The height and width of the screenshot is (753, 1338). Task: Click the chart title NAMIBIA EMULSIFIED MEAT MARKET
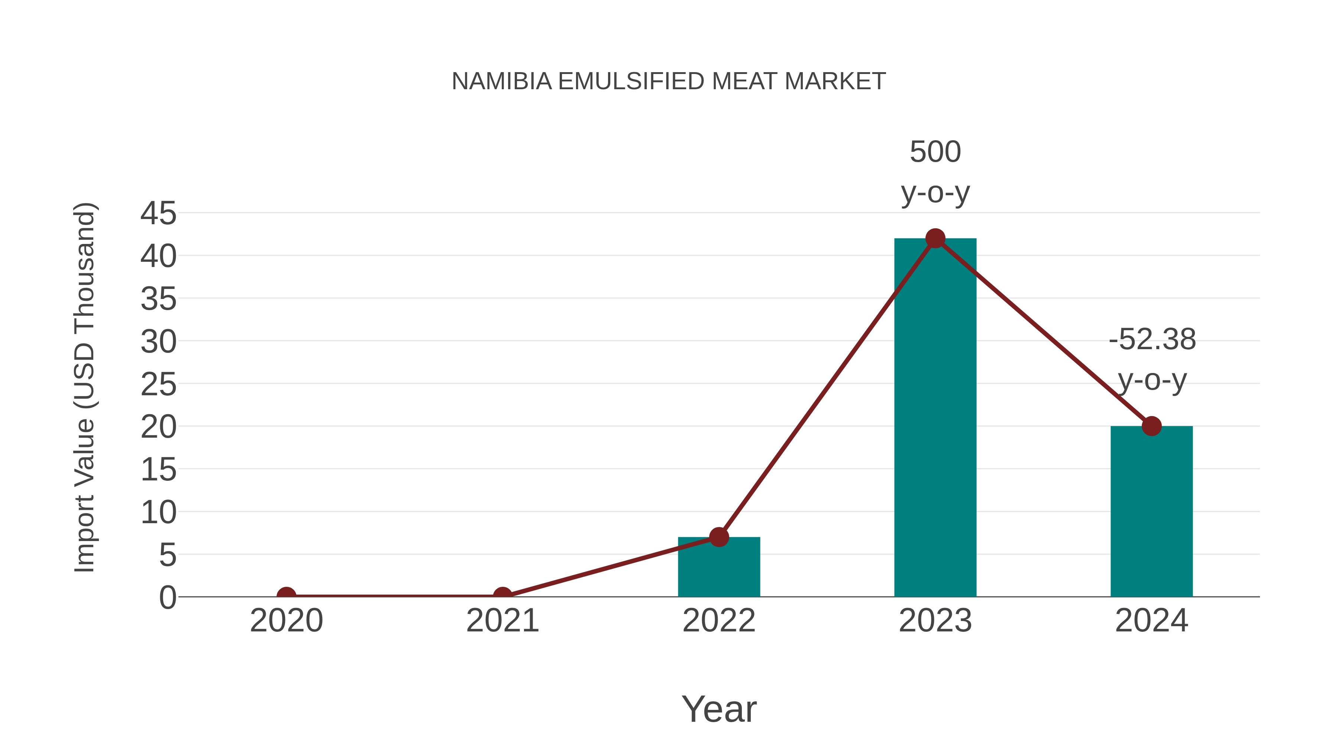tap(669, 81)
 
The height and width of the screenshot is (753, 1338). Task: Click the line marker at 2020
tap(286, 596)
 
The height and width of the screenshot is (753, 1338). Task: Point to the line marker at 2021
tap(502, 596)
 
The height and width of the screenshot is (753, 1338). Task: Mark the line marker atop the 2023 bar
tap(935, 238)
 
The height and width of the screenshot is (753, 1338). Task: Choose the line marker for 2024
tap(1151, 426)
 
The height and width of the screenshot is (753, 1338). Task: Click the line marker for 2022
tap(719, 537)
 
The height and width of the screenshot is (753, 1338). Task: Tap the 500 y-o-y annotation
tap(935, 172)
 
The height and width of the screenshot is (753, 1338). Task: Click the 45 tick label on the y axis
tap(158, 213)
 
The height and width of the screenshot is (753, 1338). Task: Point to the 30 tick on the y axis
tap(158, 342)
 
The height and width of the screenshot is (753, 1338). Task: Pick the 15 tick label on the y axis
tap(158, 470)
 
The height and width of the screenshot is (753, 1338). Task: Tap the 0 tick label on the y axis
tap(168, 598)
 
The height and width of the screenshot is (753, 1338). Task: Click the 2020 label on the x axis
tap(286, 621)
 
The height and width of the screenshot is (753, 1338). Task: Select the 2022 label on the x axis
tap(719, 621)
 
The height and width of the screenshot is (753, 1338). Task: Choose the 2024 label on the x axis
tap(1151, 621)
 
